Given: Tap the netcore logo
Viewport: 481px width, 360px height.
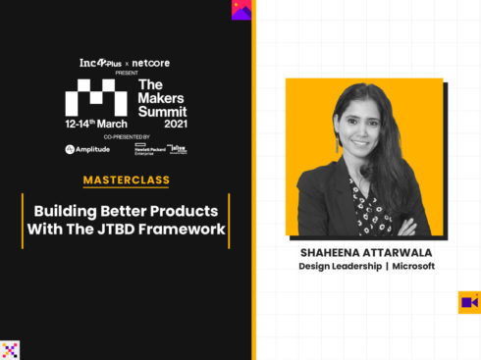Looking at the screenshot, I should click(151, 63).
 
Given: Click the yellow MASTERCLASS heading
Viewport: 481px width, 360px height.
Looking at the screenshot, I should click(127, 180).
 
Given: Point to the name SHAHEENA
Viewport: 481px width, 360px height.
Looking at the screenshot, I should click(332, 251).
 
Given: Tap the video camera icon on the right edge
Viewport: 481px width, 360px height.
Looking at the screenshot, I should click(469, 302).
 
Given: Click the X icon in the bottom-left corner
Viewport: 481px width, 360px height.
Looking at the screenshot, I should click(10, 350).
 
